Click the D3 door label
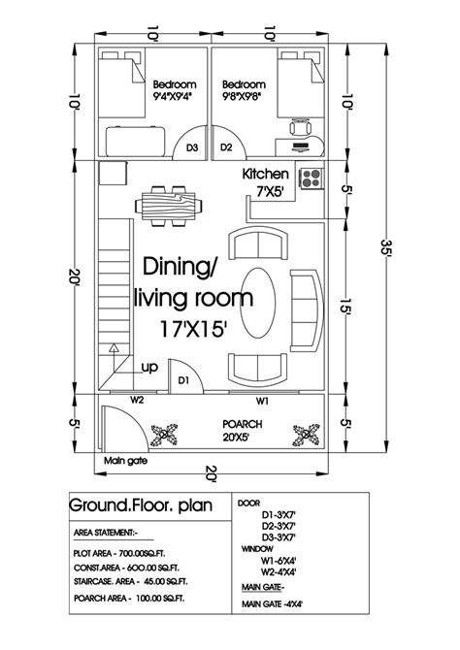[192, 148]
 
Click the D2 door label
[226, 148]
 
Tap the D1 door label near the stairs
[181, 380]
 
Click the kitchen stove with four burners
[312, 179]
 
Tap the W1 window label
[262, 399]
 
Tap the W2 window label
[139, 399]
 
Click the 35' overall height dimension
[387, 250]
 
